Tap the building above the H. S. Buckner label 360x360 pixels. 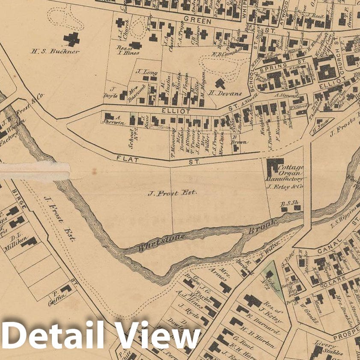71,39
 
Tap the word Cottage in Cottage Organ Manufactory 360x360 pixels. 291,167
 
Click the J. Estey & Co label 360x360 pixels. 284,187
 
